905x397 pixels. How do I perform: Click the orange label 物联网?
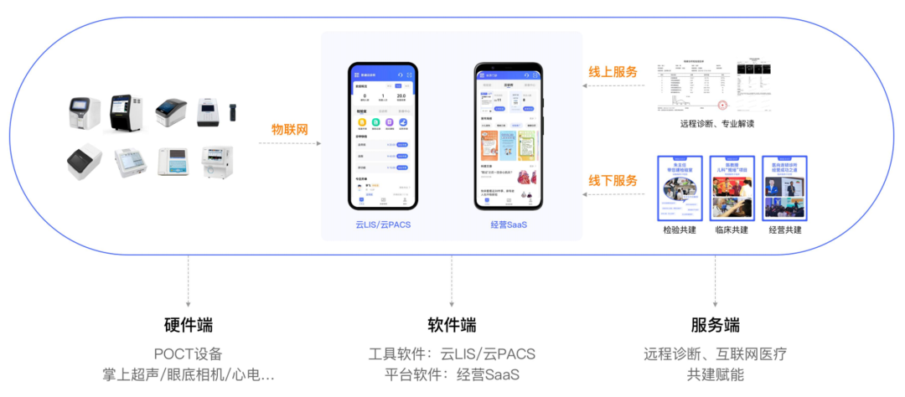[290, 130]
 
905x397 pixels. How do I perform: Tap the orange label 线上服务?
[613, 72]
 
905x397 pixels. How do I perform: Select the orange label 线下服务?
[613, 180]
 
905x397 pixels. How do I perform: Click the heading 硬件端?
[189, 326]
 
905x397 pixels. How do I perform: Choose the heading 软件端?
[452, 326]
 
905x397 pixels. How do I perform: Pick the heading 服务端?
[715, 326]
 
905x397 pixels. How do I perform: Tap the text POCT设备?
[189, 354]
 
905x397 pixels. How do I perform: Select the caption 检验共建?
[679, 229]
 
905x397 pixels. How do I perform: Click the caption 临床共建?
[732, 229]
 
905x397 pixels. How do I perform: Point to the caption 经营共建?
[784, 229]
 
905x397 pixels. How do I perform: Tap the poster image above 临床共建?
[732, 188]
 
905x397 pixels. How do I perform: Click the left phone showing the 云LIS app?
[383, 136]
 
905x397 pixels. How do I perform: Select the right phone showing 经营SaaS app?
[508, 136]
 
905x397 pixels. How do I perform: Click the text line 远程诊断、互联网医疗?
[715, 354]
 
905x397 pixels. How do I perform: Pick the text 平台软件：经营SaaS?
[452, 374]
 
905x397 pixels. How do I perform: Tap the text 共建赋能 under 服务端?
[715, 374]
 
